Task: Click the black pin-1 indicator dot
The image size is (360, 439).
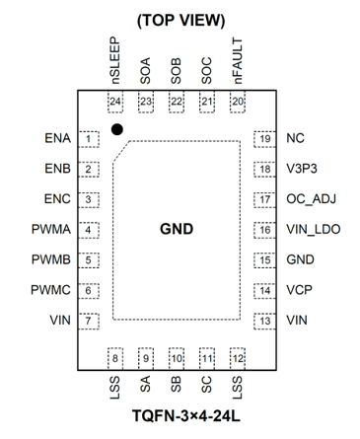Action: (117, 129)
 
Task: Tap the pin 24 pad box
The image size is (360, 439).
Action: (115, 102)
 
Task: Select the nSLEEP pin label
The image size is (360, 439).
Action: (114, 60)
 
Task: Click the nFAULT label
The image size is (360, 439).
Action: (237, 61)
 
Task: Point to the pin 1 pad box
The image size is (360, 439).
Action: (89, 139)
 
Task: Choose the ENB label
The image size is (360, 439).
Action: (57, 169)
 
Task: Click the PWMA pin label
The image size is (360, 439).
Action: (51, 229)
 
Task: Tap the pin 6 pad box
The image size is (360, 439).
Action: (89, 291)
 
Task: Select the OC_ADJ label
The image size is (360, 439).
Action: (311, 199)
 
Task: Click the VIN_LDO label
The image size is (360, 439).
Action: (313, 229)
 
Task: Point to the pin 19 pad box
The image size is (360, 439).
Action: (264, 139)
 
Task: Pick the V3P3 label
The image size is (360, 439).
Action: (302, 169)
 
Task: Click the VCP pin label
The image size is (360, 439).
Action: (299, 290)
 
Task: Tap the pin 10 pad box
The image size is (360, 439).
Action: (177, 358)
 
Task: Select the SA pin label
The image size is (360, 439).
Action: (145, 384)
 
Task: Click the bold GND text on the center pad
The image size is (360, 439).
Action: (177, 229)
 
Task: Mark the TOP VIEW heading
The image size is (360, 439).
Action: (180, 21)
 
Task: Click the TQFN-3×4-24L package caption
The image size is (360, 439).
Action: (186, 415)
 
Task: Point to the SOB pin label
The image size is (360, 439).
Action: (176, 71)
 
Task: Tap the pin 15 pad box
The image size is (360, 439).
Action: (264, 260)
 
